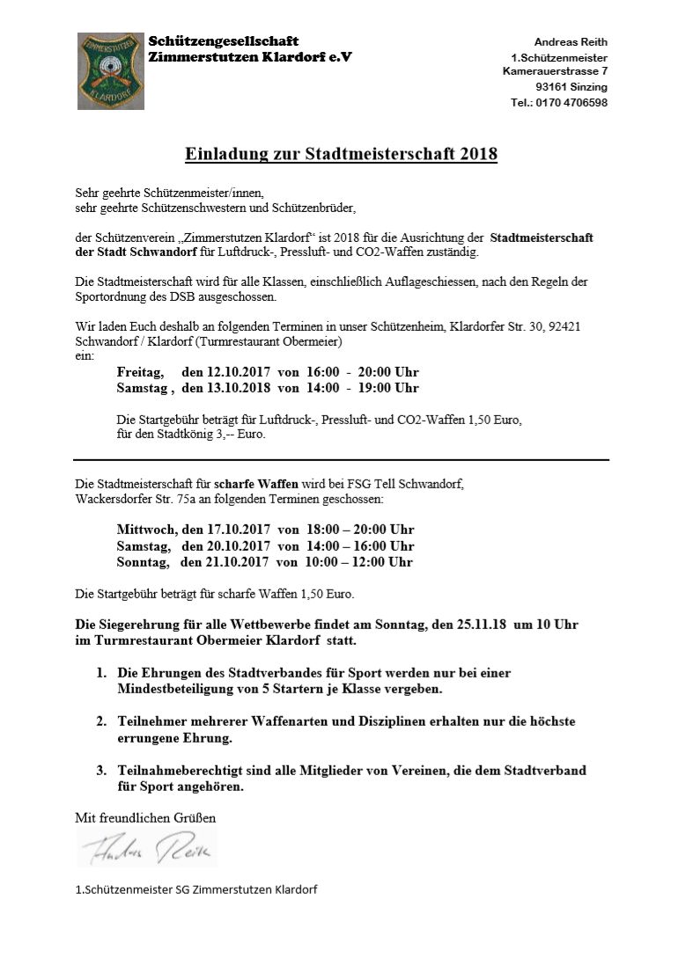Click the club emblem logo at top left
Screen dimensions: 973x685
110,71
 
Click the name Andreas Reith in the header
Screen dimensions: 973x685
571,42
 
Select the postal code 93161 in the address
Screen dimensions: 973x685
551,87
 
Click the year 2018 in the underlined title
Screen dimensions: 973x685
478,155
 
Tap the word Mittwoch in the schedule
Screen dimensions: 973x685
146,530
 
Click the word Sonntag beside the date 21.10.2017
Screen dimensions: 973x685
142,561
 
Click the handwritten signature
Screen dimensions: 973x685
145,848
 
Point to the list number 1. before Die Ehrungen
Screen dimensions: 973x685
102,673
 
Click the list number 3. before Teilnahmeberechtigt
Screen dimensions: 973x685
102,771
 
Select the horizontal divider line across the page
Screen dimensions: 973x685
342,460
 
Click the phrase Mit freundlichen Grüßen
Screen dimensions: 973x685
145,818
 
